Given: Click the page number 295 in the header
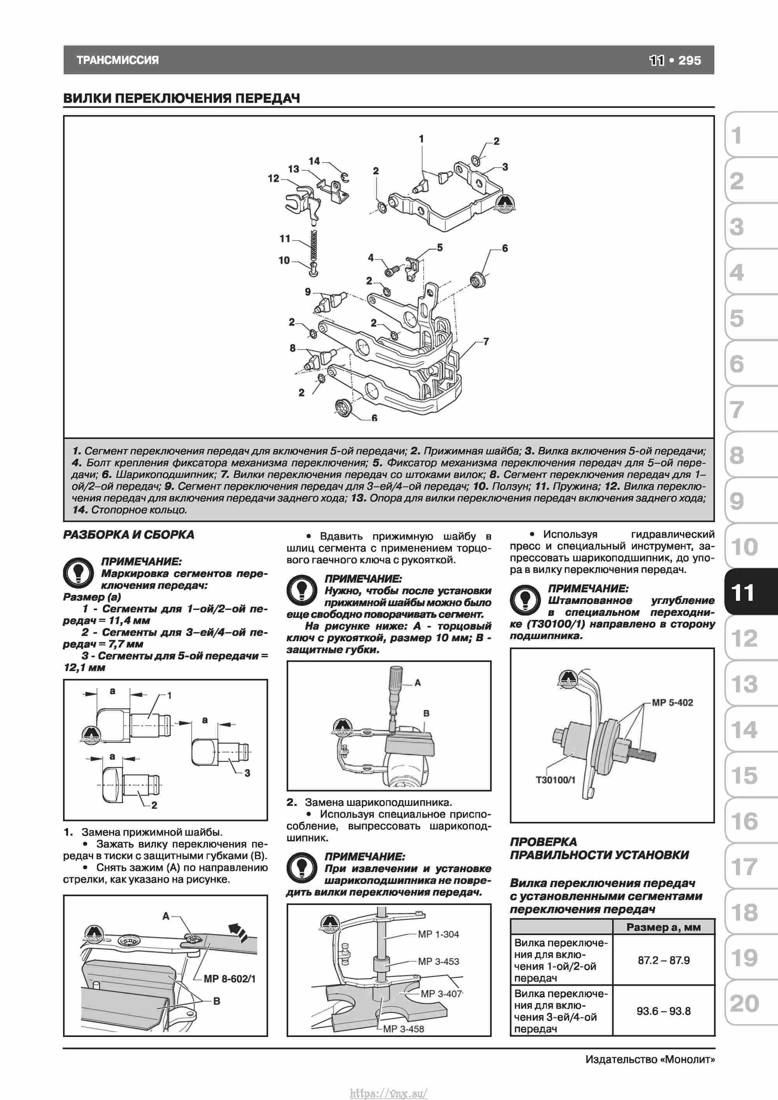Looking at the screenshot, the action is click(x=689, y=60).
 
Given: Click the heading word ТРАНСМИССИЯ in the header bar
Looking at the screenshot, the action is click(x=117, y=60).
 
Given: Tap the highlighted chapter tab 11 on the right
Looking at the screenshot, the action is click(x=743, y=593).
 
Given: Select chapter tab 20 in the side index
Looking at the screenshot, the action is click(x=744, y=1003).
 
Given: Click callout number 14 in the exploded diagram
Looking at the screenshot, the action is click(x=314, y=161).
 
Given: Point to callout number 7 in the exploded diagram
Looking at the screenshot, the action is click(x=486, y=341).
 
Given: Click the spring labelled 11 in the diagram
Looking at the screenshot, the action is click(x=314, y=246).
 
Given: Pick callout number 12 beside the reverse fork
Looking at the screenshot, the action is click(x=273, y=178).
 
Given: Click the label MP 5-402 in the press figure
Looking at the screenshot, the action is click(x=672, y=702).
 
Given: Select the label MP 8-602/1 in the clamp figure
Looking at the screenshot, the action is click(x=230, y=979).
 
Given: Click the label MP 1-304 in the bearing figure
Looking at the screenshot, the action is click(x=438, y=934).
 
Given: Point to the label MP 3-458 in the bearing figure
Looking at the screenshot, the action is click(x=403, y=1029).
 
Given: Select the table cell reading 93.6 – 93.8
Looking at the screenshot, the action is click(x=664, y=1011).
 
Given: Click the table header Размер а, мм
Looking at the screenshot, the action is click(x=664, y=927).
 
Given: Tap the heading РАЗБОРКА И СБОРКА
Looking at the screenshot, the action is click(x=128, y=535).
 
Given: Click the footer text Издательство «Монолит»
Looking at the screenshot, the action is click(x=650, y=1059).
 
